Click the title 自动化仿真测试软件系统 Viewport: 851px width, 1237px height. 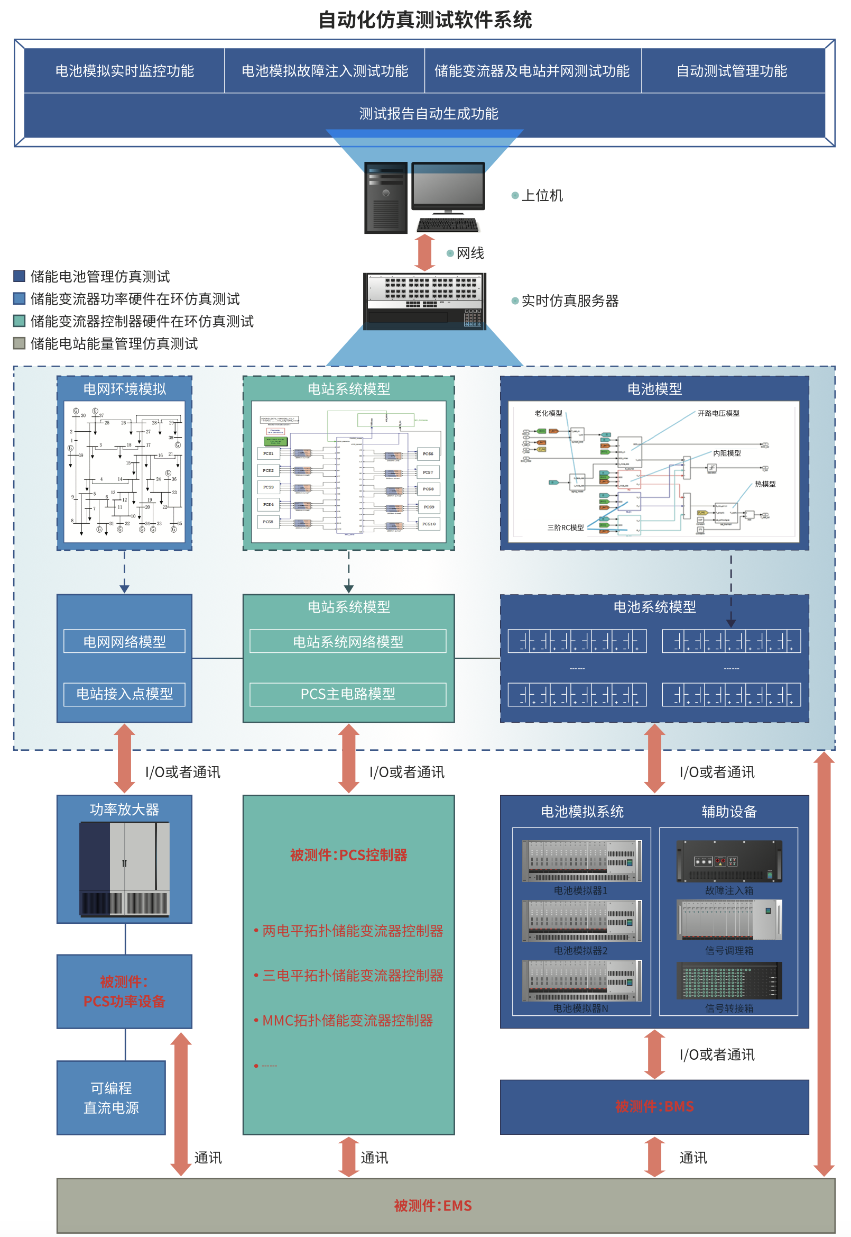(x=425, y=20)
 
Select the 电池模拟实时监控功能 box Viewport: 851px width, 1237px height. (x=124, y=71)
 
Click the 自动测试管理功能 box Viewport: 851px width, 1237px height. (x=732, y=71)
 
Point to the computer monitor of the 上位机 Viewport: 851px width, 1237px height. (x=448, y=186)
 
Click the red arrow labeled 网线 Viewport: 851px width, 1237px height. (x=425, y=253)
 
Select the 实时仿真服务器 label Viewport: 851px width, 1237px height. (x=569, y=301)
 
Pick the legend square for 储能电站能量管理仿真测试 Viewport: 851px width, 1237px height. (x=19, y=343)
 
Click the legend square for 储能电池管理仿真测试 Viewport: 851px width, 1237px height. (x=19, y=276)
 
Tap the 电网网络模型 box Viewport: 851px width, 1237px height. (x=124, y=641)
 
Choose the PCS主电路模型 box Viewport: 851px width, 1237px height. (x=348, y=694)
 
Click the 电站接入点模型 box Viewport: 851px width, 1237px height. (x=124, y=694)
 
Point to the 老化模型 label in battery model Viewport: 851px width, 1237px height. (x=548, y=413)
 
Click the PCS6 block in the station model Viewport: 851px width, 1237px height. (x=428, y=453)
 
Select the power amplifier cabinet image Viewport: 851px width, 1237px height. (x=124, y=869)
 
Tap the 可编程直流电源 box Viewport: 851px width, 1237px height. (x=111, y=1098)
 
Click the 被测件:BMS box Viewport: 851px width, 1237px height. (x=654, y=1107)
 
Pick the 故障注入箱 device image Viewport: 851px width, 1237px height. (x=729, y=861)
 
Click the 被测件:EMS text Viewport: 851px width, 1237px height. (x=432, y=1206)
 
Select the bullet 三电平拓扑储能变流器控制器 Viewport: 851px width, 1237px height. (x=353, y=976)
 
